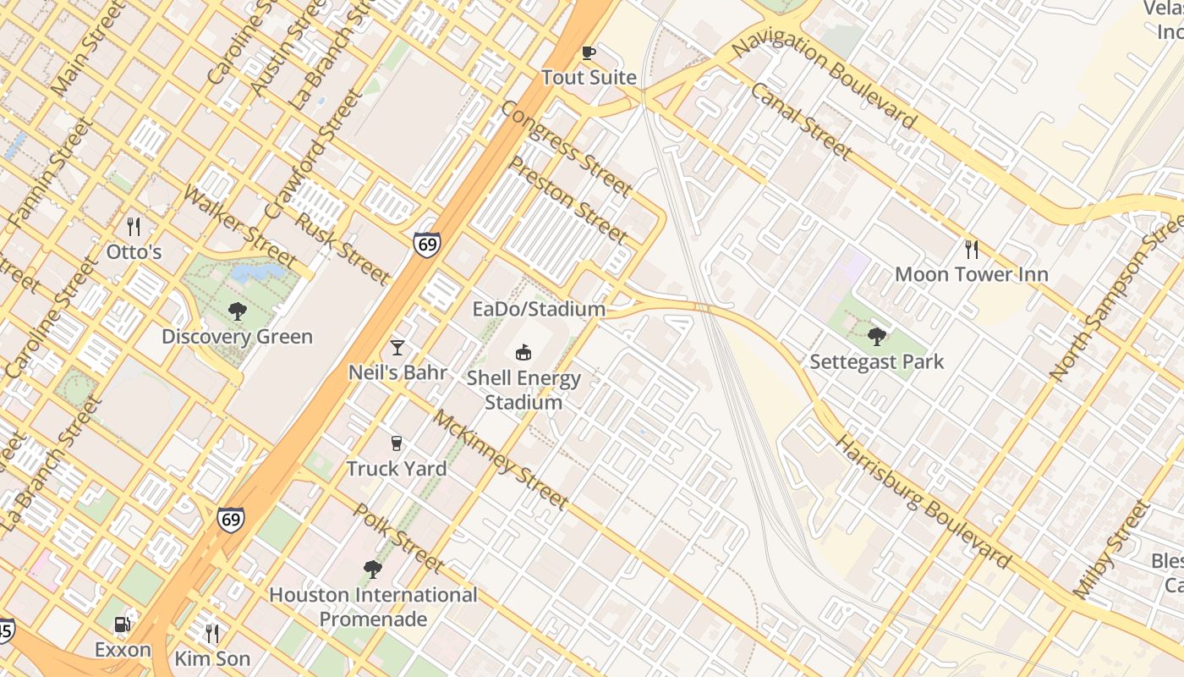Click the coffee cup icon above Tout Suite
click(589, 53)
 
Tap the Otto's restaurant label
click(134, 252)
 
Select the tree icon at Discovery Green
click(238, 311)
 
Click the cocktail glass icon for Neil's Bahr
click(397, 347)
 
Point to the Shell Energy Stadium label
click(523, 390)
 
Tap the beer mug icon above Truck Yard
click(396, 443)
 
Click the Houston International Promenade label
click(373, 607)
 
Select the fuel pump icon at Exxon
click(123, 625)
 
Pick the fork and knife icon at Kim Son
click(212, 633)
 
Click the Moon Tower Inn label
click(971, 274)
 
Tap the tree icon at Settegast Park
click(877, 337)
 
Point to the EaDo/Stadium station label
click(539, 309)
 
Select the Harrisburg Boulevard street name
click(923, 503)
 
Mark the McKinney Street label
click(500, 460)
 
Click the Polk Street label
click(397, 537)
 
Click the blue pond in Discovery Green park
click(257, 272)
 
